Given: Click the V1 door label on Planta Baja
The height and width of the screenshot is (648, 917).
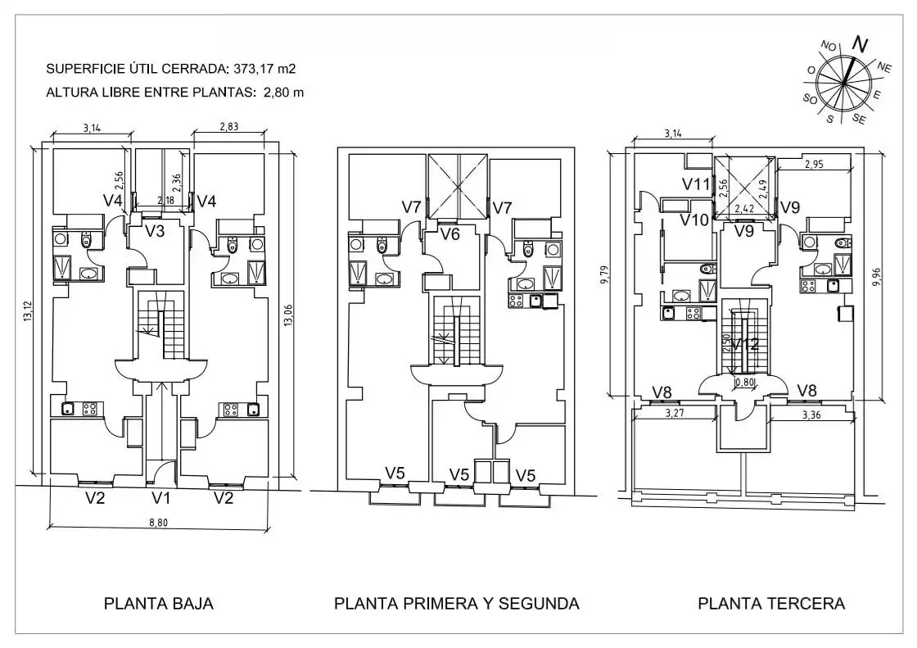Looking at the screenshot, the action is (160, 498).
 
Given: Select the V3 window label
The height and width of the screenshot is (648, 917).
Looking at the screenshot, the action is (155, 231).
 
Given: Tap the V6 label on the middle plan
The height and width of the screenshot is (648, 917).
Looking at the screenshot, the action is (449, 235).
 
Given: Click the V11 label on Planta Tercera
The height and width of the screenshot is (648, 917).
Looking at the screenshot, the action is (696, 184).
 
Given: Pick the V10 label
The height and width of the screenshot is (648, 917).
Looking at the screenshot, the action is (694, 220).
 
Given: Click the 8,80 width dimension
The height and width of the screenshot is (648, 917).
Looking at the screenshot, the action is (158, 522).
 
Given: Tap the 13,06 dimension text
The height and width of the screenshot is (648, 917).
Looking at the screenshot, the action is (287, 315).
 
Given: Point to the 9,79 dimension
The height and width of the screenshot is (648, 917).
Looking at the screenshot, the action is (605, 275).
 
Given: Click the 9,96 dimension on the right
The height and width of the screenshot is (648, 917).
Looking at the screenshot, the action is (876, 277).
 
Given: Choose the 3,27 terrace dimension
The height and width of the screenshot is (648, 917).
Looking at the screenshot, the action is (675, 413).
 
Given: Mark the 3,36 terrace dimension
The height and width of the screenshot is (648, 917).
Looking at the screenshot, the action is (811, 415).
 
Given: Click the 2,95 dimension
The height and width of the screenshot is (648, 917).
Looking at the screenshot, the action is (814, 165).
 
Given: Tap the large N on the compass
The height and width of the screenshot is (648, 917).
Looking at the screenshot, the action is (859, 44).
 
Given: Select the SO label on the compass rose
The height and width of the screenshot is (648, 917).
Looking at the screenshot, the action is (810, 99).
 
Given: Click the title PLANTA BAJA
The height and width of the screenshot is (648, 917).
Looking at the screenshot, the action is (159, 604).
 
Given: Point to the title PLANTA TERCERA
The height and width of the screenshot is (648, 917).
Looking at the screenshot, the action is (771, 604).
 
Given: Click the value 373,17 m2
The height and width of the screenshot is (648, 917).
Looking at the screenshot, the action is (264, 69).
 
